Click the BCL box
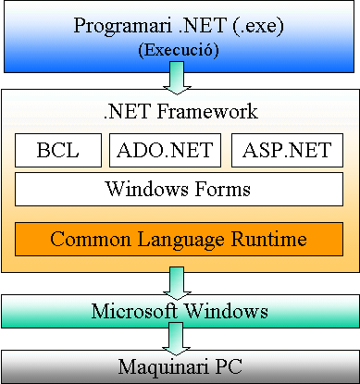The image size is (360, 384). [57, 151]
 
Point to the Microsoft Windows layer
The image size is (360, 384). [180, 310]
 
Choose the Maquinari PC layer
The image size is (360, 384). [180, 366]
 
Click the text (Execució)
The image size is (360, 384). [178, 51]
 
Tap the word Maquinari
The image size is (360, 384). [157, 366]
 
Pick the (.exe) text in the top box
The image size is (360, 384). [265, 25]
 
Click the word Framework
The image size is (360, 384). [205, 113]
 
